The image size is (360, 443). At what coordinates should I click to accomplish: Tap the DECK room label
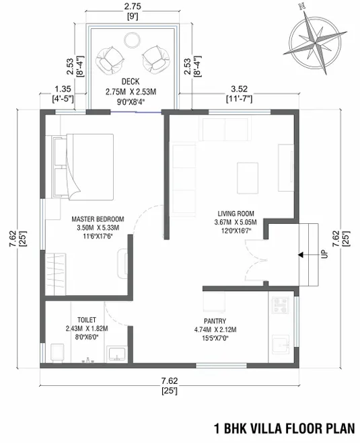131,81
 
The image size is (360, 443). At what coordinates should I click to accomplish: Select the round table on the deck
132,40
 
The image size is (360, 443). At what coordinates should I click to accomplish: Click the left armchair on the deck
110,60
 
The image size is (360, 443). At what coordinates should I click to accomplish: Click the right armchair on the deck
156,59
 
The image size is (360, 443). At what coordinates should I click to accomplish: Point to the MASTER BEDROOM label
98,219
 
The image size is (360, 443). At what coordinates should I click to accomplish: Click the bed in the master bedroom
83,167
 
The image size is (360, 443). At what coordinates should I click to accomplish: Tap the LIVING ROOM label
236,214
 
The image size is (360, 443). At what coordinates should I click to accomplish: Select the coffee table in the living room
248,178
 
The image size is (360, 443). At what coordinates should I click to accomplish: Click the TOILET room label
87,320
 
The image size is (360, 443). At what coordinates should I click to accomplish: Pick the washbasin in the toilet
117,354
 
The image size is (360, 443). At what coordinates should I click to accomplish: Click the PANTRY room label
215,321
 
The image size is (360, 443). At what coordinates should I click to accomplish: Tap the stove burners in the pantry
280,305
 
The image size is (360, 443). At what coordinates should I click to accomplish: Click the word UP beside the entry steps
324,254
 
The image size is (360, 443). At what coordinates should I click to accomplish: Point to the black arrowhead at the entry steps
300,255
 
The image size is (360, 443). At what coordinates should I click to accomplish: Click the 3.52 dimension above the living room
240,89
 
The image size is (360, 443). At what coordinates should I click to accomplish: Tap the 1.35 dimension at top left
63,89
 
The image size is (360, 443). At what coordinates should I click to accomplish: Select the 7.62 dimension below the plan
170,381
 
